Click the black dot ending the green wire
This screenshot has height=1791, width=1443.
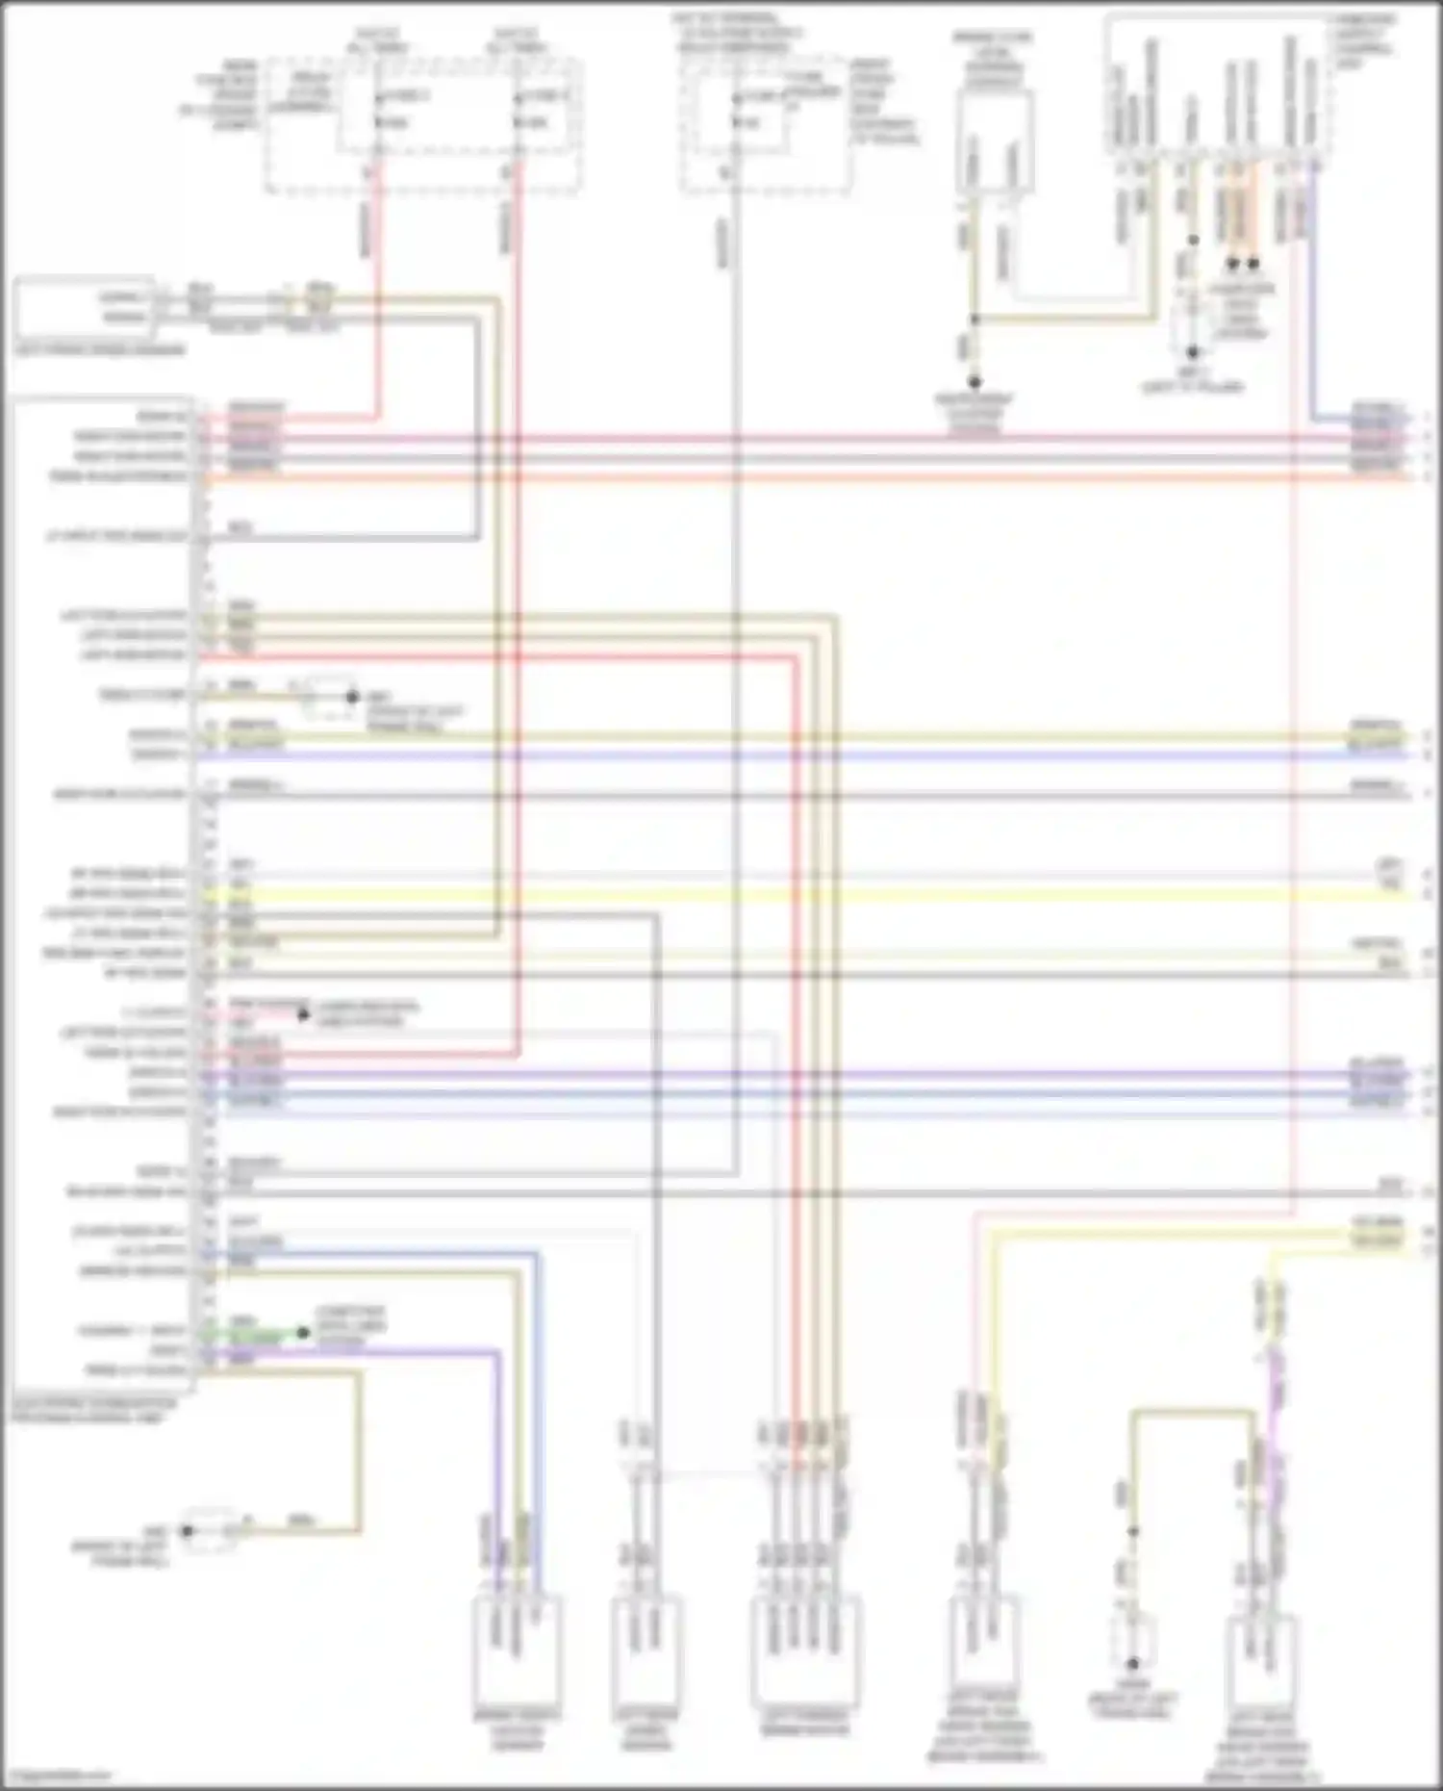tap(303, 1333)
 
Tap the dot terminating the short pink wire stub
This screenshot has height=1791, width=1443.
tap(303, 1013)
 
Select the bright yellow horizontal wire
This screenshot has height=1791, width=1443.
tap(770, 895)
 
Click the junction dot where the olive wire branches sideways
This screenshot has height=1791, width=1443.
tap(974, 320)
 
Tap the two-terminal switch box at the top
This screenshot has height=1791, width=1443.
tap(994, 144)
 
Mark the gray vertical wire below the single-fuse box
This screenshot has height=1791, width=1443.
tap(736, 674)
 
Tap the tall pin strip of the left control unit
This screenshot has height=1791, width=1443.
tap(205, 885)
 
